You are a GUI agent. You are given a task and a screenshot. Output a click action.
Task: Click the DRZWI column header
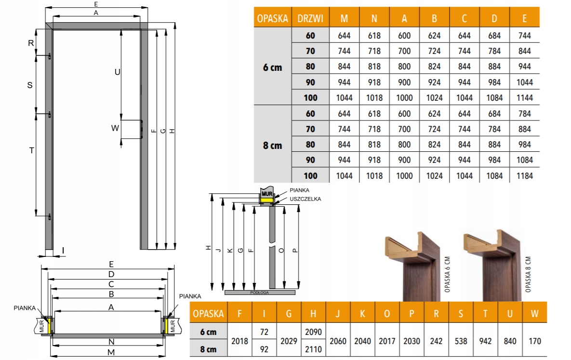click(x=310, y=19)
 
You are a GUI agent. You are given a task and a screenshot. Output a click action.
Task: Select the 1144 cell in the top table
click(x=524, y=98)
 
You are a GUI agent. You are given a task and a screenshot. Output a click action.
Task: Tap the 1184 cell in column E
click(x=524, y=175)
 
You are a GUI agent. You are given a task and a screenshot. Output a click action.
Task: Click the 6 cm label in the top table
click(x=272, y=67)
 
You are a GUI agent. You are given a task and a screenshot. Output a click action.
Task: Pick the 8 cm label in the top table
click(x=272, y=146)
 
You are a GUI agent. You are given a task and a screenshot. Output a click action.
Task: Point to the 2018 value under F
click(x=239, y=341)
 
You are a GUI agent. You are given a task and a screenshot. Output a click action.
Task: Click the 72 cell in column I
click(x=264, y=332)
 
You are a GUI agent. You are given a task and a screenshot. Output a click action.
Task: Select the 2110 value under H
click(x=313, y=349)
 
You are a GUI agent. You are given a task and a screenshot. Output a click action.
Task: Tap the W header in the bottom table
click(x=534, y=313)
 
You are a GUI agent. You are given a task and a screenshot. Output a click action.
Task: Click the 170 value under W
click(x=534, y=341)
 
